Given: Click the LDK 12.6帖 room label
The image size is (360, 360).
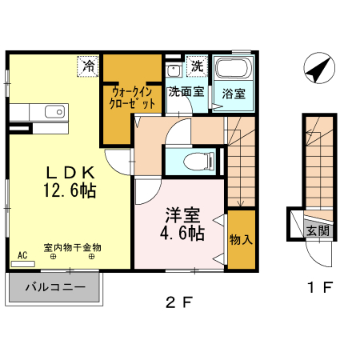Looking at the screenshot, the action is [x=70, y=182].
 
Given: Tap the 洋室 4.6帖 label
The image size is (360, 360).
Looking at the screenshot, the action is [x=182, y=224].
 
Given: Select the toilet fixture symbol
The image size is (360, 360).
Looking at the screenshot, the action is [x=199, y=161].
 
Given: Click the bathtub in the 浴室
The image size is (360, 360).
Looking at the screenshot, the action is [x=234, y=68].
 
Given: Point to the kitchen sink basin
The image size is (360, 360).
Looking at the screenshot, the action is [x=55, y=112].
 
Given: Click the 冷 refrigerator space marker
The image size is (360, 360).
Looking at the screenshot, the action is [x=88, y=66].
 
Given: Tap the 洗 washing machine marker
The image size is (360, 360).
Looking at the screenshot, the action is [x=197, y=66].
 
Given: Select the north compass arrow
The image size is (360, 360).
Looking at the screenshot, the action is [x=319, y=68].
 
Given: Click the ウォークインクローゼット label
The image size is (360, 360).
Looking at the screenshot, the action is [x=132, y=98].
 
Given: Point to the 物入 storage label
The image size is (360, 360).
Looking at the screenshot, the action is [x=241, y=240].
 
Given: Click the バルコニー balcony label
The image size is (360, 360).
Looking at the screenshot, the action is [x=56, y=287].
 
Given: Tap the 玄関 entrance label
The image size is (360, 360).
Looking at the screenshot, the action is [x=318, y=230].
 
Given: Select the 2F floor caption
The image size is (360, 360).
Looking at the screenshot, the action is [x=179, y=302].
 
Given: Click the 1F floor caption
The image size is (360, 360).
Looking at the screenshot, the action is [x=319, y=287].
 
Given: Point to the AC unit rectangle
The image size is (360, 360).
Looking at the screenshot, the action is [x=22, y=264].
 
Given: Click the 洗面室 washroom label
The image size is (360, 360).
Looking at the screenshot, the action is [x=186, y=92].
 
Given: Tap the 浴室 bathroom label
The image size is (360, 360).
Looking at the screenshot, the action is [x=234, y=94].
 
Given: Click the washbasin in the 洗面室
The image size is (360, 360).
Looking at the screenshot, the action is [x=174, y=70].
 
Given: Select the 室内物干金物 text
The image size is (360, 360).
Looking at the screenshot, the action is [x=73, y=248].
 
